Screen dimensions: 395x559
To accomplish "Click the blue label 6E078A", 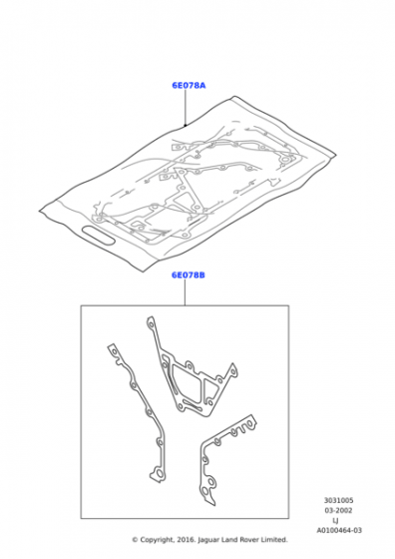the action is click(x=189, y=85).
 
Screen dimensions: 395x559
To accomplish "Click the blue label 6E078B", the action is click(x=189, y=275).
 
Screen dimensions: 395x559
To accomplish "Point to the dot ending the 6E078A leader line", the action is click(x=186, y=125).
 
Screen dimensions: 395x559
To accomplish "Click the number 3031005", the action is click(x=339, y=500).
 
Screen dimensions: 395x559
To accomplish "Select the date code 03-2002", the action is click(x=338, y=510).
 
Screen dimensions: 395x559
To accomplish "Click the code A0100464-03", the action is click(x=339, y=530).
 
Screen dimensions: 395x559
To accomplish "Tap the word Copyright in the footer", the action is click(x=157, y=540).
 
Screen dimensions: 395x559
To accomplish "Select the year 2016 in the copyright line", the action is click(x=186, y=540).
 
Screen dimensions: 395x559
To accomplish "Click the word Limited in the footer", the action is click(x=274, y=540).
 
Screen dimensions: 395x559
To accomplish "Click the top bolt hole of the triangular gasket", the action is click(x=152, y=324).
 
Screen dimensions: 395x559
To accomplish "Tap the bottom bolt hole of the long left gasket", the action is click(x=159, y=474).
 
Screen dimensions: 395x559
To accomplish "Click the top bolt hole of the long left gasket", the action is click(x=114, y=351).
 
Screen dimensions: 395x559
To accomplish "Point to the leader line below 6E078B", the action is click(x=185, y=292).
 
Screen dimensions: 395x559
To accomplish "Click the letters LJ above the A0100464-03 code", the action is click(x=335, y=520).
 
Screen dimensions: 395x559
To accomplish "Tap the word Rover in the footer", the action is click(x=249, y=540).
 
